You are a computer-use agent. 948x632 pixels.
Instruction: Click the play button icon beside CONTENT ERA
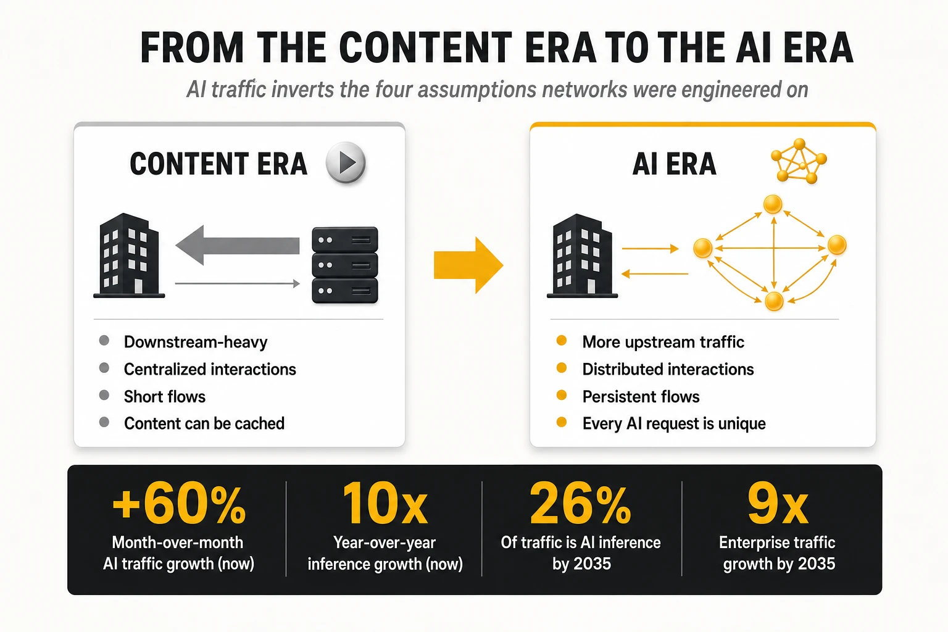click(346, 162)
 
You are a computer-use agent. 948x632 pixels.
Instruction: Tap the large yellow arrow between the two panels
click(468, 265)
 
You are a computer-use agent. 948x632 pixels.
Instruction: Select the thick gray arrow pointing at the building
click(238, 245)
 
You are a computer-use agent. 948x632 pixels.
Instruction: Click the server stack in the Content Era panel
click(345, 265)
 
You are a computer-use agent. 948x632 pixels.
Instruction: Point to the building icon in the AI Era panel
click(583, 256)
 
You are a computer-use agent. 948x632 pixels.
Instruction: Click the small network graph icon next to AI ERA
click(799, 161)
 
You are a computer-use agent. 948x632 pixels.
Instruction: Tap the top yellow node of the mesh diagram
click(773, 204)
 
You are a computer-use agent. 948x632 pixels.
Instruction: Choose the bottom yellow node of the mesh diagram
click(774, 301)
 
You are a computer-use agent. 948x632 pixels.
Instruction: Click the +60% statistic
click(178, 505)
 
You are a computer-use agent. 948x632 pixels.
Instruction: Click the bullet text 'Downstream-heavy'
click(196, 342)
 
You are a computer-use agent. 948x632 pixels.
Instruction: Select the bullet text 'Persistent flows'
click(641, 397)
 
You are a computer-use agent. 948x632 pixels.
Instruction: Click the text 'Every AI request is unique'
click(674, 424)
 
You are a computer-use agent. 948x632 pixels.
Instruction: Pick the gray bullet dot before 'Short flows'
click(104, 396)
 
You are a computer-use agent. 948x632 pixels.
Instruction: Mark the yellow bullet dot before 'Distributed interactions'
click(562, 368)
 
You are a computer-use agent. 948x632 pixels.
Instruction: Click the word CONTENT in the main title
click(426, 48)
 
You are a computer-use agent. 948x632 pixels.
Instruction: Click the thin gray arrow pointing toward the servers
click(238, 283)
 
